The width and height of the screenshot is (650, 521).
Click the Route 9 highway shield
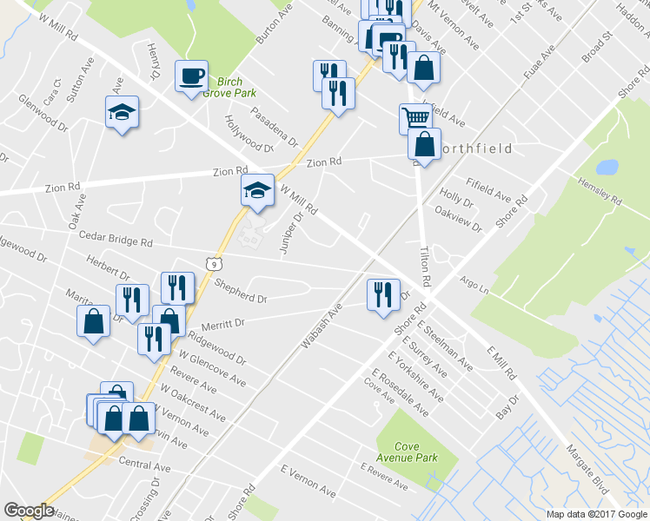(x=214, y=261)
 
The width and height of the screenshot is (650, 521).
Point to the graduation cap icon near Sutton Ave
(x=122, y=112)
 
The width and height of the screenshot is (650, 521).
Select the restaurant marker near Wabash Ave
(x=382, y=295)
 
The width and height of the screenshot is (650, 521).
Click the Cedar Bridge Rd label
(x=116, y=236)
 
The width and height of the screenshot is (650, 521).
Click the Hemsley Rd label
(x=600, y=193)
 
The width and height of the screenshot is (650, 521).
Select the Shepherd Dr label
(x=242, y=296)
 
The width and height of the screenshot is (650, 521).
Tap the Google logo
(x=30, y=511)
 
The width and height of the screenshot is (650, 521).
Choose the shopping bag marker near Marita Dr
(x=94, y=322)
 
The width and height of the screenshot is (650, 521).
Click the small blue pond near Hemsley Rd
(x=606, y=166)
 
